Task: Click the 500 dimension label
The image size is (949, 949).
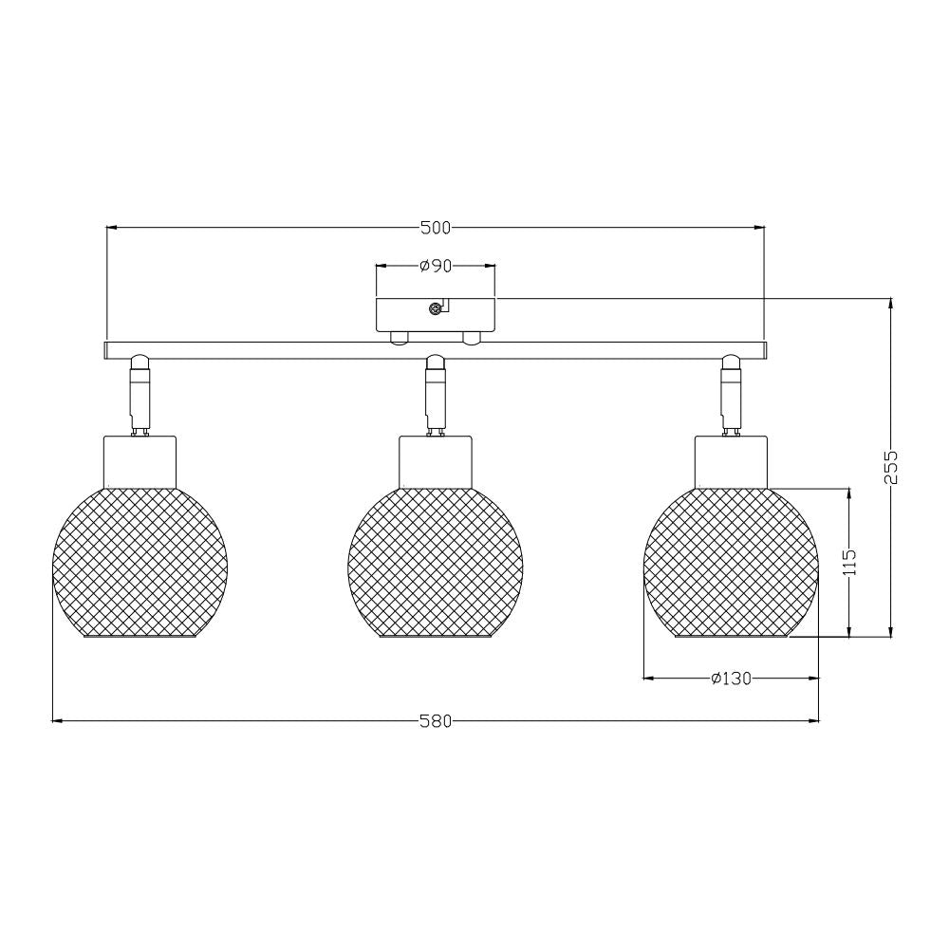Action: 436,228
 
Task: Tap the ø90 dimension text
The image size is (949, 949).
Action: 436,266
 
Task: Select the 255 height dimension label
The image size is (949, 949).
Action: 890,467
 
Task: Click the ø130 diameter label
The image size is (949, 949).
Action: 731,679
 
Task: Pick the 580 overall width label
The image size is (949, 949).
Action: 436,721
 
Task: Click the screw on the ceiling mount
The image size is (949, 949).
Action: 434,309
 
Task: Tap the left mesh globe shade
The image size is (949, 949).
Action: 140,563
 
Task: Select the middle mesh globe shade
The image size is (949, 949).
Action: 436,563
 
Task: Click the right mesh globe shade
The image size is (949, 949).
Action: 731,563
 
